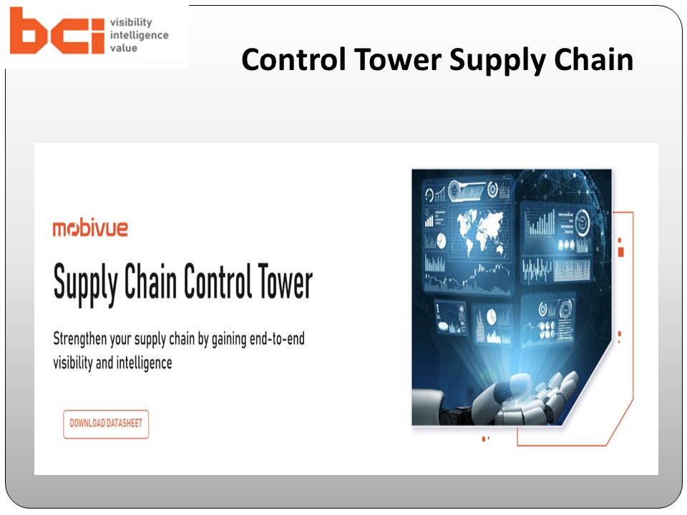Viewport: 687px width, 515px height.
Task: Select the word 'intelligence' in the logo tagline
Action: pyautogui.click(x=139, y=35)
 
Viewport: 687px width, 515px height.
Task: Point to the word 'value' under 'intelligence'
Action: pyautogui.click(x=123, y=48)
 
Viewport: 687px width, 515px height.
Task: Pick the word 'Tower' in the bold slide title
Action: pyautogui.click(x=395, y=60)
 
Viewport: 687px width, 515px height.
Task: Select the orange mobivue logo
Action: pyautogui.click(x=90, y=229)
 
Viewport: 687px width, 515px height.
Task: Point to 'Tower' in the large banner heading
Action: pyautogui.click(x=283, y=283)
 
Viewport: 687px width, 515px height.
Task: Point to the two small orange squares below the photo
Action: pyautogui.click(x=486, y=438)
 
